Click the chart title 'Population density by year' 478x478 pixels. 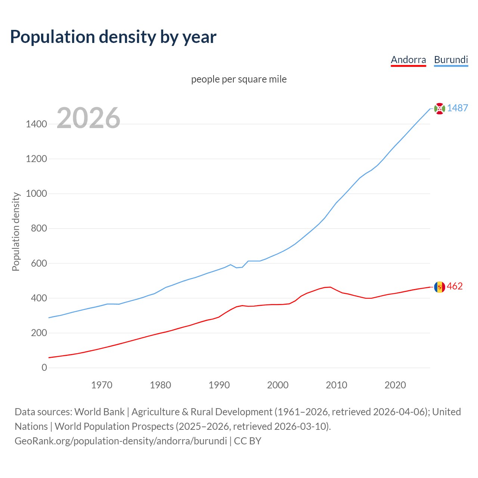[113, 37]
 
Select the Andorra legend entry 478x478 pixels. [408, 60]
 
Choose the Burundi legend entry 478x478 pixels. [451, 60]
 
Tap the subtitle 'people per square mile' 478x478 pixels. [239, 80]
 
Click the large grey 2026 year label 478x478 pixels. [89, 118]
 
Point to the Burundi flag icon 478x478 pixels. [440, 108]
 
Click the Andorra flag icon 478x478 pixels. [440, 287]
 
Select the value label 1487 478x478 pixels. [457, 108]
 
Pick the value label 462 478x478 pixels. [454, 286]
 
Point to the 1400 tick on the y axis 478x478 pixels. [36, 124]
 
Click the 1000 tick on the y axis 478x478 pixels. [36, 193]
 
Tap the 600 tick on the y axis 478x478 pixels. [39, 263]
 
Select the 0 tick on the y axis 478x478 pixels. [44, 367]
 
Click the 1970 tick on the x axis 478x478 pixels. [102, 385]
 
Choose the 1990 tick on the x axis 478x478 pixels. [219, 385]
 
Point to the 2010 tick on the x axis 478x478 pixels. [336, 385]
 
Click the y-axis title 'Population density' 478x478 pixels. [16, 232]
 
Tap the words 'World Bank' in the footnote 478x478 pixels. [99, 412]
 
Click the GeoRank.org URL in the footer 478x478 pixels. [121, 441]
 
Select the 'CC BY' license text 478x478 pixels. [248, 441]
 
